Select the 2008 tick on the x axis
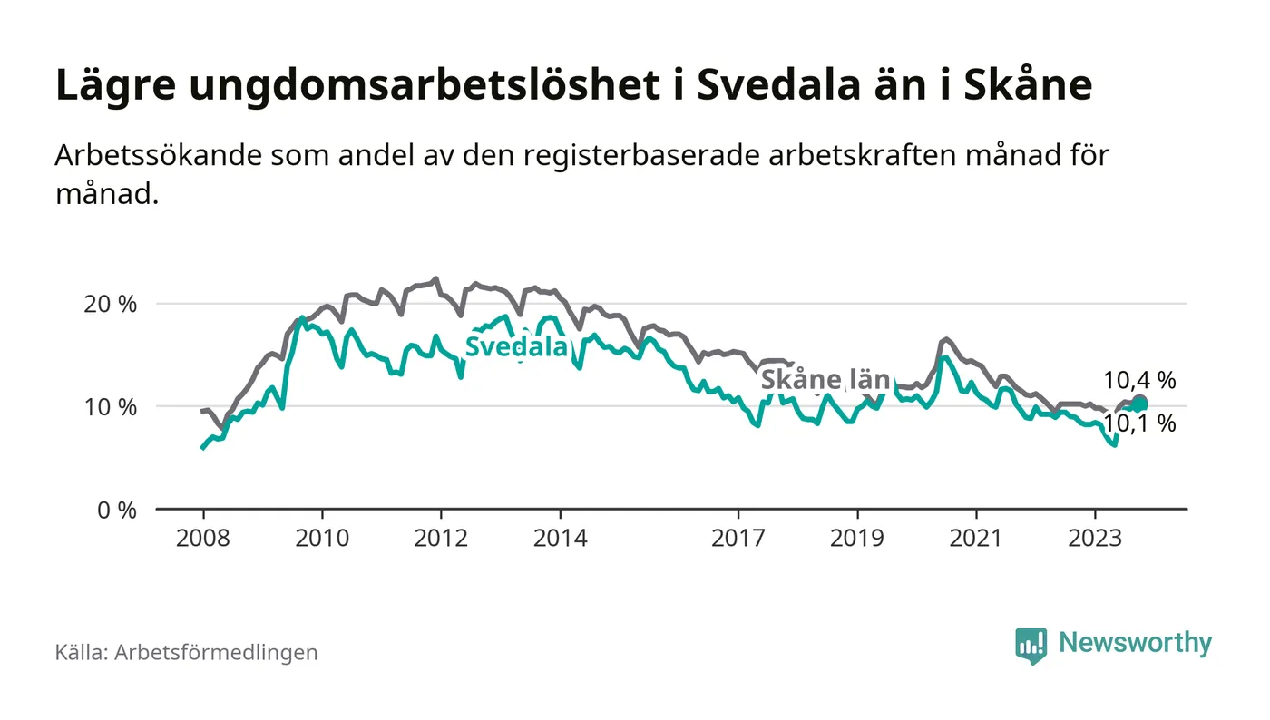click(202, 538)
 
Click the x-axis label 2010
click(322, 538)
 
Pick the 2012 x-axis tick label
click(441, 538)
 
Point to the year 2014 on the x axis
click(561, 538)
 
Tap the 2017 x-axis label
click(739, 538)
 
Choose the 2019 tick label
click(857, 538)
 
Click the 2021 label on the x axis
click(976, 538)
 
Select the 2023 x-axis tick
click(1095, 538)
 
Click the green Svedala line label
click(516, 347)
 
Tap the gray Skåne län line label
click(825, 380)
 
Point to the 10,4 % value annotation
click(1139, 381)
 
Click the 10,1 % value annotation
click(1139, 423)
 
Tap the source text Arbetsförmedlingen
click(216, 652)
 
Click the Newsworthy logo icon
click(1031, 645)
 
